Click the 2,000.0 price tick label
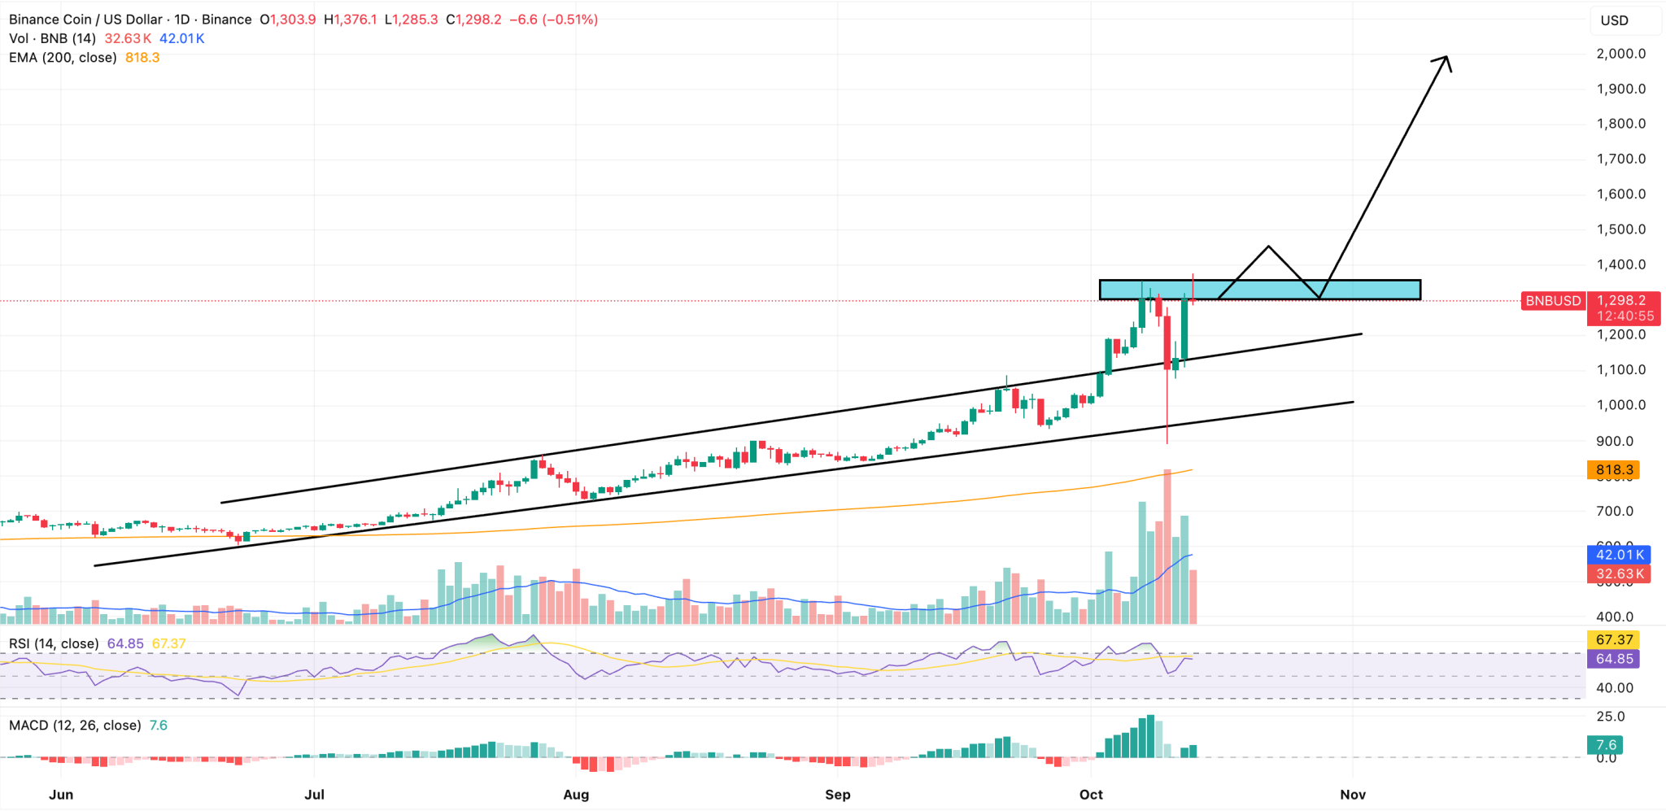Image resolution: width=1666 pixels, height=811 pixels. point(1620,54)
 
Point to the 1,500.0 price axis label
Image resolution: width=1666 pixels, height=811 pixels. point(1620,229)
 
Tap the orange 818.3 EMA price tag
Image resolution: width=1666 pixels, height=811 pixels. point(1614,470)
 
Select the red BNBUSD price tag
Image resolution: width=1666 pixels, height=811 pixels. point(1553,301)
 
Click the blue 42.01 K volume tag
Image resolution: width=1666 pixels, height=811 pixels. point(1620,555)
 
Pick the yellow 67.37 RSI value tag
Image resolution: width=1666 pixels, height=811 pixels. point(1614,640)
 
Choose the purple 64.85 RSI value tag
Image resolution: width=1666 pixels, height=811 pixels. point(1614,659)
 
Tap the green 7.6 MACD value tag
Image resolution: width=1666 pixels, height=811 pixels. point(1606,745)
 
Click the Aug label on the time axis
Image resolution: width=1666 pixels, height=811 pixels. point(576,795)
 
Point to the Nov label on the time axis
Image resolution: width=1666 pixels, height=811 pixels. point(1352,795)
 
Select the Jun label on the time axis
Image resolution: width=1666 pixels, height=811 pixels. point(61,795)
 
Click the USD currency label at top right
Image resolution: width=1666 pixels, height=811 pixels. point(1614,20)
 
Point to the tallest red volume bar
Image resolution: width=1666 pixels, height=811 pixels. point(1167,545)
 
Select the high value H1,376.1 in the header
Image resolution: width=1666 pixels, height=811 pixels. point(351,20)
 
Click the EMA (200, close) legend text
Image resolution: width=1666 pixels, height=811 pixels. point(63,58)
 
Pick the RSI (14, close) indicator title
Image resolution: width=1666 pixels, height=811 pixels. point(54,643)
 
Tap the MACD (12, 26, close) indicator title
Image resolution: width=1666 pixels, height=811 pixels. point(75,726)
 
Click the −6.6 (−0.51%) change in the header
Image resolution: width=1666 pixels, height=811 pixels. point(553,20)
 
